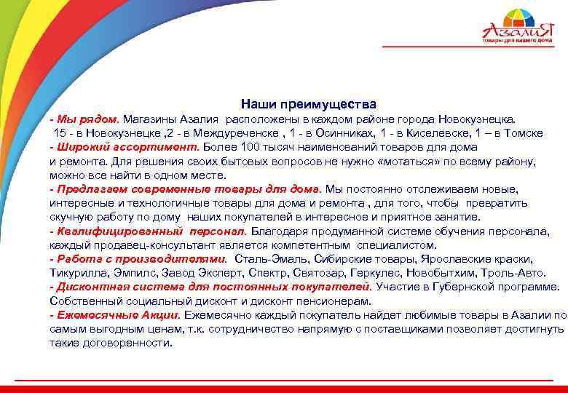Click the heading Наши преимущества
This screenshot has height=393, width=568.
tap(309, 104)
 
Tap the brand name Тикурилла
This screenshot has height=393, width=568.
tap(79, 274)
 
